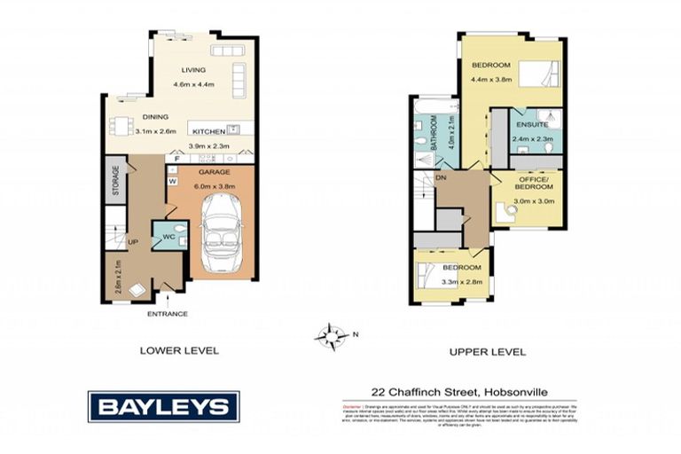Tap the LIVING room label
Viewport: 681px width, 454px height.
(193, 70)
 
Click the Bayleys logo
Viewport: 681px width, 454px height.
(163, 407)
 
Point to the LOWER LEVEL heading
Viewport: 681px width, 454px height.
(179, 351)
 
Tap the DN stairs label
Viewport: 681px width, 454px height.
(441, 177)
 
